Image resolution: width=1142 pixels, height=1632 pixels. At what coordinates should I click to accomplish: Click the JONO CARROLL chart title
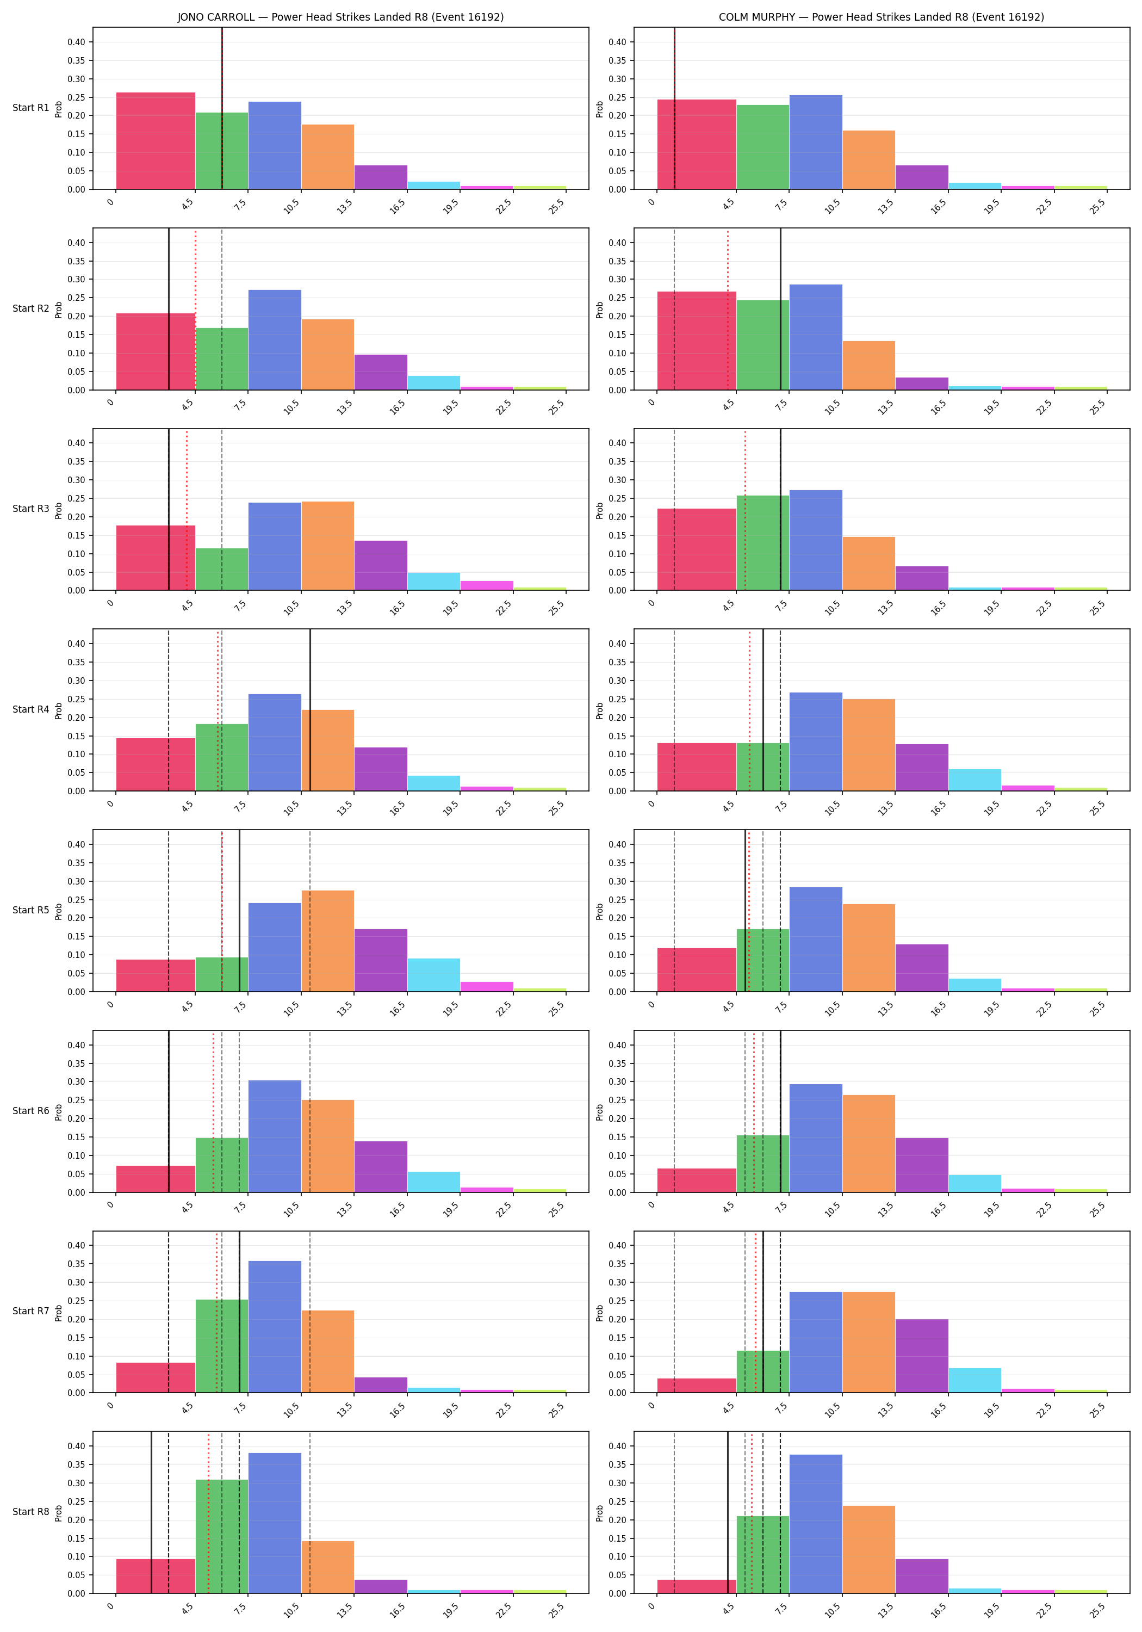pos(340,17)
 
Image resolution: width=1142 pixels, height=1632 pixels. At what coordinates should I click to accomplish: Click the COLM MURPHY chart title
pos(881,17)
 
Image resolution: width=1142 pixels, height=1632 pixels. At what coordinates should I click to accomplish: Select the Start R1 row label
pos(30,108)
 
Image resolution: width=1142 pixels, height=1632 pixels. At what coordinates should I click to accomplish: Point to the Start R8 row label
pos(30,1511)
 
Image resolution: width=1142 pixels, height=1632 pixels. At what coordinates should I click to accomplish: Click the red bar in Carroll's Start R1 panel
pos(156,141)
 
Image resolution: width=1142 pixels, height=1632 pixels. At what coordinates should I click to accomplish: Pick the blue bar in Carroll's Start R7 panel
pos(274,1326)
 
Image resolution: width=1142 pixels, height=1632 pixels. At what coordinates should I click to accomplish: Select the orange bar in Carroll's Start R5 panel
pos(327,941)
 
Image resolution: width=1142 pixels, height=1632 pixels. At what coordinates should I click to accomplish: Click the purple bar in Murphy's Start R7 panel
pos(922,1356)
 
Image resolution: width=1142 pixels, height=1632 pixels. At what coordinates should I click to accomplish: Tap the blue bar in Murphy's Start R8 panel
pos(816,1523)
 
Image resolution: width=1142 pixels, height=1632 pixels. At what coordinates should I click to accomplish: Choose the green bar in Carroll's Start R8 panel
pos(222,1536)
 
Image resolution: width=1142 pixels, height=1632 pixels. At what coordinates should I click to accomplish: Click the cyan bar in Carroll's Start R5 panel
pos(433,975)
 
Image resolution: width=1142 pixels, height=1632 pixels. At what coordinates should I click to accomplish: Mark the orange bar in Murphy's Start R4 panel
pos(868,745)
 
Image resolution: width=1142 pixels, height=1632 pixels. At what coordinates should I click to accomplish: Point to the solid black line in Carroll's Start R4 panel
pos(310,710)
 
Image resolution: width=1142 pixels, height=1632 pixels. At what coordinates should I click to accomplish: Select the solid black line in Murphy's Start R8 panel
pos(728,1512)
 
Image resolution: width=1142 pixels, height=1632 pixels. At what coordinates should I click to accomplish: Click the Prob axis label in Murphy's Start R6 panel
pos(600,1111)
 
